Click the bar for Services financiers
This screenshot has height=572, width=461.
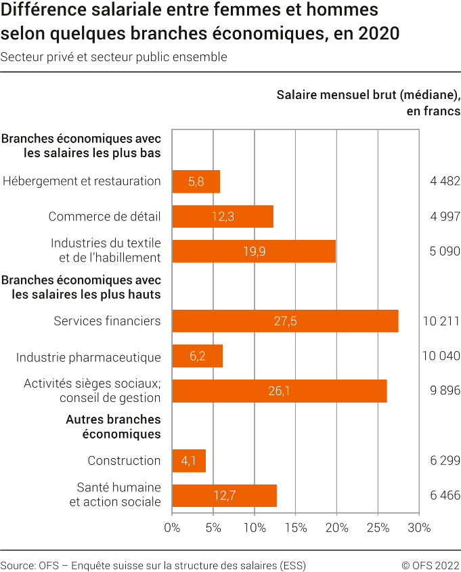pyautogui.click(x=285, y=321)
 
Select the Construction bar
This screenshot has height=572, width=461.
pyautogui.click(x=189, y=461)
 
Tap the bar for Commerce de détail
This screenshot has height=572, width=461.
pyautogui.click(x=223, y=217)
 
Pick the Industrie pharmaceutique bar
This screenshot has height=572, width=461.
pyautogui.click(x=197, y=356)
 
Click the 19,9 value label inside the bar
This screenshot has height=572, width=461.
pyautogui.click(x=254, y=251)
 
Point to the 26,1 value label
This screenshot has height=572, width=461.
pyautogui.click(x=280, y=391)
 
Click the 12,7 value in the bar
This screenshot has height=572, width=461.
pyautogui.click(x=224, y=496)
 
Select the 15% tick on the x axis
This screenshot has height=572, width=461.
pyautogui.click(x=296, y=528)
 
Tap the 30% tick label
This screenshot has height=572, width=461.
pyautogui.click(x=419, y=528)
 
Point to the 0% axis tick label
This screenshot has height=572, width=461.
pyautogui.click(x=172, y=528)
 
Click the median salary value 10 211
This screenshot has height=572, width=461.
pyautogui.click(x=441, y=321)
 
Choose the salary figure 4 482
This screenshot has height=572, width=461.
pyautogui.click(x=445, y=182)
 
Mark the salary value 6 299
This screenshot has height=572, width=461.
pyautogui.click(x=445, y=461)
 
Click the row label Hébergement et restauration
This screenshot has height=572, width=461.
pyautogui.click(x=81, y=182)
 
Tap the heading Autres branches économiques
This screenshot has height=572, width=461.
pyautogui.click(x=113, y=427)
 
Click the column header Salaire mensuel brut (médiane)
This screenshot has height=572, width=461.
pyautogui.click(x=368, y=95)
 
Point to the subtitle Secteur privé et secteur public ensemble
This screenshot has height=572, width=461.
pyautogui.click(x=114, y=57)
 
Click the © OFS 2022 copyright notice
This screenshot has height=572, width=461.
pyautogui.click(x=431, y=565)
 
